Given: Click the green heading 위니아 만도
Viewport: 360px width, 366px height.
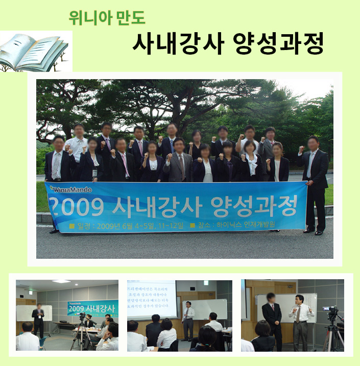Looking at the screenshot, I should pos(107,18).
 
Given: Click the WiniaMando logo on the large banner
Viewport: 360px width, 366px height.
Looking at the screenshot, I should pos(71,189).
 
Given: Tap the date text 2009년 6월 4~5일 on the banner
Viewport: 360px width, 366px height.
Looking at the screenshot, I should pos(123,225).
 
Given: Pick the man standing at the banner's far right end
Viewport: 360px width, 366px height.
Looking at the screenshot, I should pos(314,174).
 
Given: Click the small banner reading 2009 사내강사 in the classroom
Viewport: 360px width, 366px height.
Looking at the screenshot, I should pos(92,308).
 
